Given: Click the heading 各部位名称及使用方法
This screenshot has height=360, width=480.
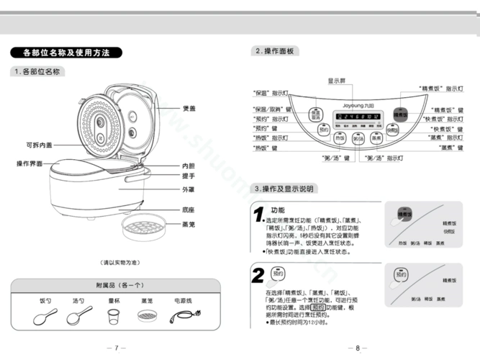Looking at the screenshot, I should coord(66,53).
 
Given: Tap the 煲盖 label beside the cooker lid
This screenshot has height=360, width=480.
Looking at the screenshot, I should coord(189,108).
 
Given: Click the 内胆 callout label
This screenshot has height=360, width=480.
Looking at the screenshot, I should coord(189,166).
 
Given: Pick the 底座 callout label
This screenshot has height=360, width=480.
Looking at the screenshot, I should coord(189,210).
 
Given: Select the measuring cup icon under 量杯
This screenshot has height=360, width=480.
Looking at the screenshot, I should coord(112,316).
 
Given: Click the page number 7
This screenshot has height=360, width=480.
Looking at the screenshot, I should coord(115,348).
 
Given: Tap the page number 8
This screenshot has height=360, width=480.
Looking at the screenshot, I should coord(356,348).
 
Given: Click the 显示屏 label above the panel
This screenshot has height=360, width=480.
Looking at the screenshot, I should coord(337,81).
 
